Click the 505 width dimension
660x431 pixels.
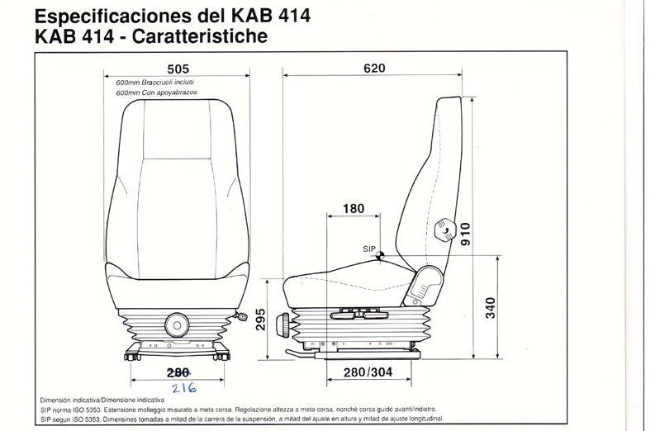coord(178,69)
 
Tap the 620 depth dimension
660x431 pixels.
coord(374,69)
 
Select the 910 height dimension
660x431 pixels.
coord(465,234)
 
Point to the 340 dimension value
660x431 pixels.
coord(491,308)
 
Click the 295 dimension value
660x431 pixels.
coord(260,320)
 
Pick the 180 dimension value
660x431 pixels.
coord(354,208)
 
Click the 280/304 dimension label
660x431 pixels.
coord(368,372)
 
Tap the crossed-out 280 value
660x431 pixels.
coord(178,372)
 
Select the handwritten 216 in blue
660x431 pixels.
coord(184,387)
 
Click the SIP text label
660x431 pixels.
coord(368,249)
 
